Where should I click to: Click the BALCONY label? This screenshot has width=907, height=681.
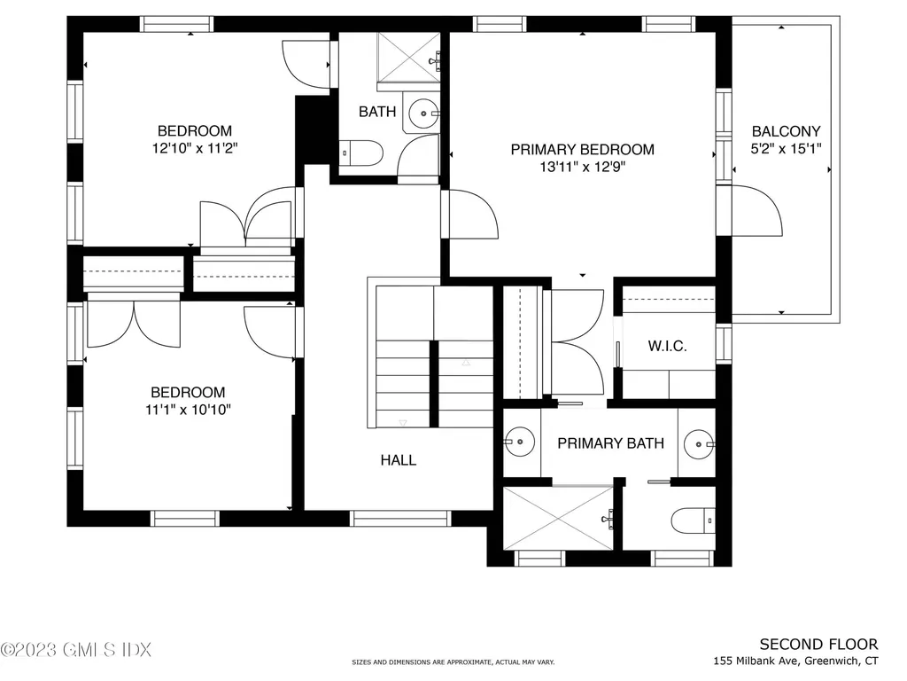(786, 131)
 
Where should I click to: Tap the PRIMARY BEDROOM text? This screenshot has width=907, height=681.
(582, 150)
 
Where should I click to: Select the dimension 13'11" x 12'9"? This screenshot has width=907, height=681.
(582, 167)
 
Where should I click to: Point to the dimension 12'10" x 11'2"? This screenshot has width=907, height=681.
(195, 148)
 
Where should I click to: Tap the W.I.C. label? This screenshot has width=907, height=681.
(668, 346)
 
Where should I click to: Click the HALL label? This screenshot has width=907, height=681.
(398, 460)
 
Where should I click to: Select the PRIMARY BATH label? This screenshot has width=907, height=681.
(610, 443)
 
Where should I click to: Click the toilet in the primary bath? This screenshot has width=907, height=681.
(694, 521)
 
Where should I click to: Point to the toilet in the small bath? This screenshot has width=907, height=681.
(360, 154)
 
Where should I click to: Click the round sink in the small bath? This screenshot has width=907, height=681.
(422, 113)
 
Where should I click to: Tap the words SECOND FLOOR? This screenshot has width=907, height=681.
(818, 645)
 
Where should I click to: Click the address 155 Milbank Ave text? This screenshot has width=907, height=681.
(796, 661)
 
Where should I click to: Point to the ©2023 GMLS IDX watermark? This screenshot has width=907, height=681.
(76, 650)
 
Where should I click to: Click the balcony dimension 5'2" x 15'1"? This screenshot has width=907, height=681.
(786, 148)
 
